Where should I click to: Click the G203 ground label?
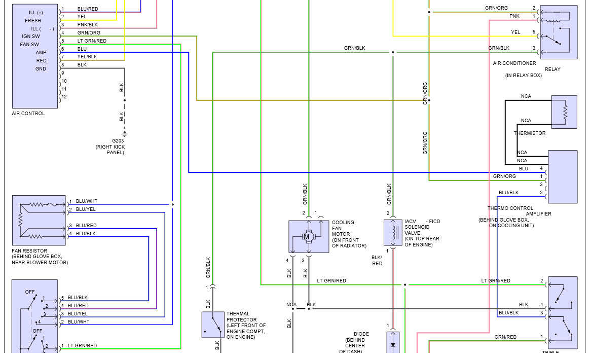118,140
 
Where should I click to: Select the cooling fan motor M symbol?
307,236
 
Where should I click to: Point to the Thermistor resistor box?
564,112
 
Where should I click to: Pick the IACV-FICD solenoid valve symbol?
393,233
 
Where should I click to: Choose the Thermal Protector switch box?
213,325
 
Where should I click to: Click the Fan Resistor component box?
39,221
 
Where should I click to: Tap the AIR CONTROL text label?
28,114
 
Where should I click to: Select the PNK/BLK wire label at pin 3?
88,25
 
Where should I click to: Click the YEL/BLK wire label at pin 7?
87,57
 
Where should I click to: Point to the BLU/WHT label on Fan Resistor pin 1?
87,201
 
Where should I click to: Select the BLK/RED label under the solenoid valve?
377,260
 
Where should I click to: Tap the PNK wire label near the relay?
514,17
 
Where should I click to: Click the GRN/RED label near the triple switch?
505,337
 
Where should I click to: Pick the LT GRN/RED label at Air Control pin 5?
92,41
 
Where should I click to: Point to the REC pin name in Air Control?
41,61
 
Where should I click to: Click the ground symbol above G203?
125,134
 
